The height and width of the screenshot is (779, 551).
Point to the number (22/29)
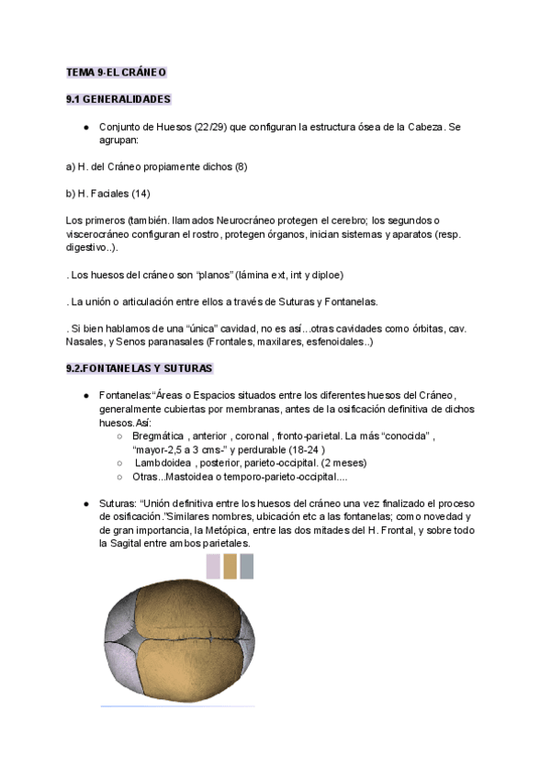pos(211,127)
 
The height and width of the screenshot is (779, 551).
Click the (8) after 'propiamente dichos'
pos(241,167)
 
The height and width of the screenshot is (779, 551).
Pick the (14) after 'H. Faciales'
pos(141,194)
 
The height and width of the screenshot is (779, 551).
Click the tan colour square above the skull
pos(230,567)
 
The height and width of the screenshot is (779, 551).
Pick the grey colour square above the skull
pos(246,567)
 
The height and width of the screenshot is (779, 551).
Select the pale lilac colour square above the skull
pos(213,567)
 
